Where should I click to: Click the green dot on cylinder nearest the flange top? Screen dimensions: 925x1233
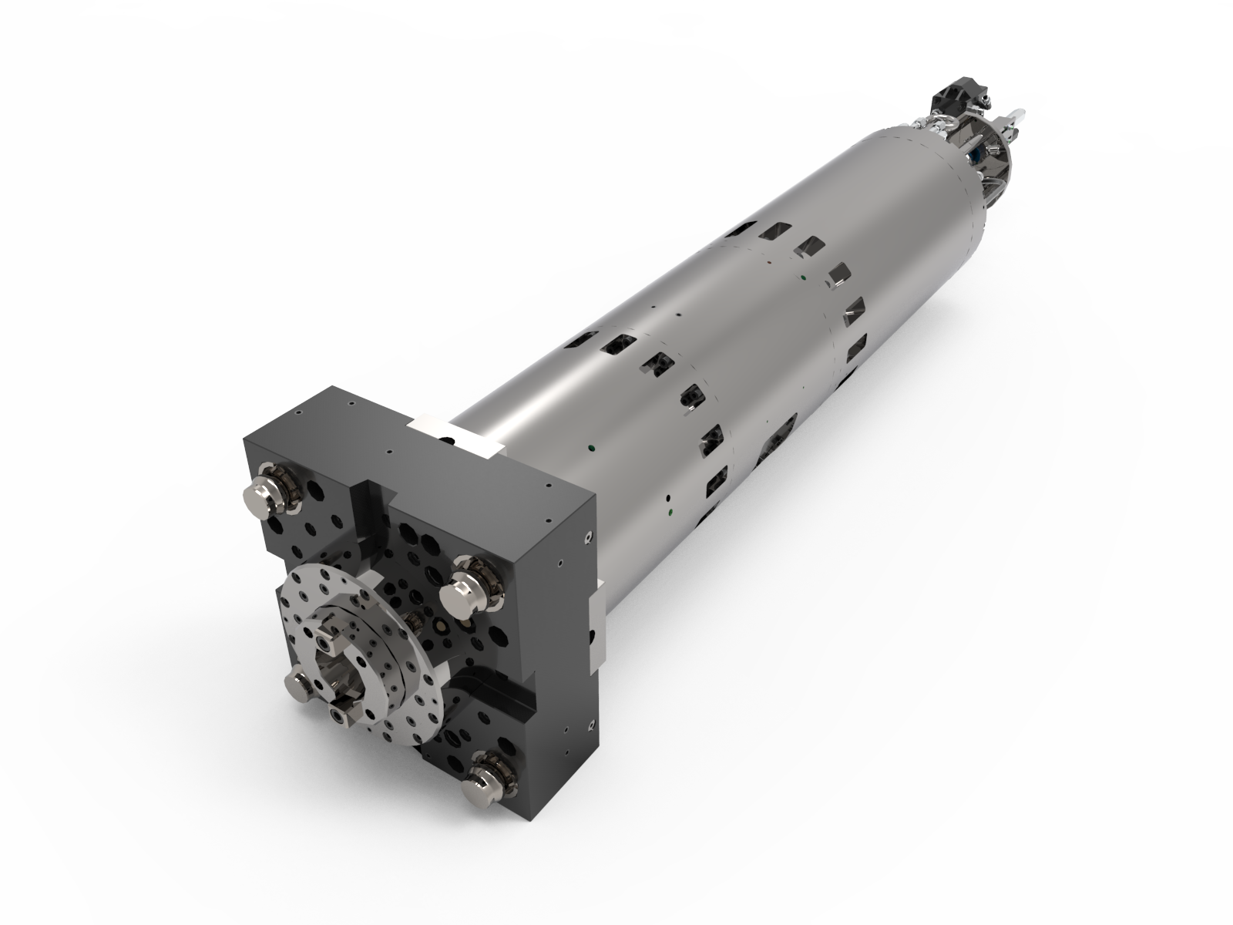point(592,445)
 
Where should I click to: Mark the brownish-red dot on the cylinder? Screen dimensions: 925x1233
point(769,263)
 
